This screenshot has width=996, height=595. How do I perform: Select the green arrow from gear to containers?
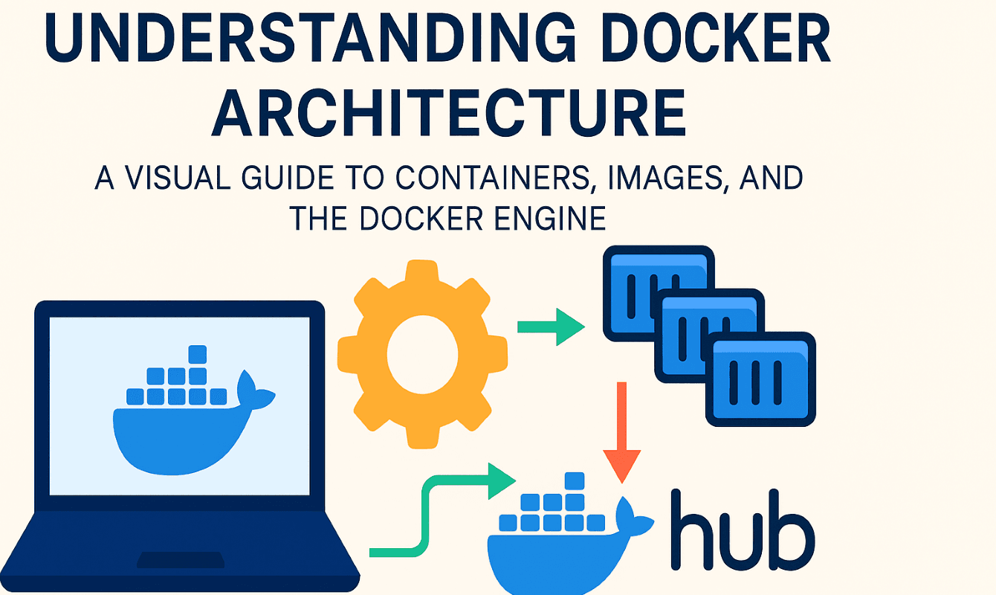551,327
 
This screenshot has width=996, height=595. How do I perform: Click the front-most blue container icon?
760,379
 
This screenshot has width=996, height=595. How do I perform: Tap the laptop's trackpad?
178,559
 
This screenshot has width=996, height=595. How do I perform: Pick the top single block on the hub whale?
572,482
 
